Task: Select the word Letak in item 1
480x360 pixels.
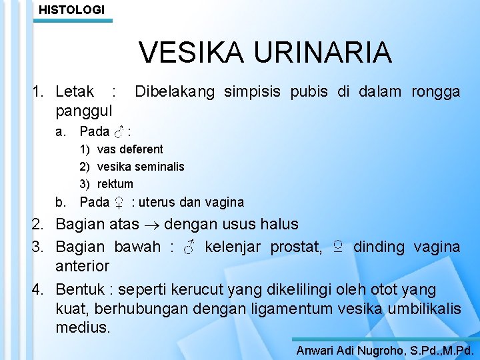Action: tap(75, 91)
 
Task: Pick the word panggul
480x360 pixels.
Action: tap(84, 109)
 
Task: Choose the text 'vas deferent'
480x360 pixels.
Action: tap(130, 149)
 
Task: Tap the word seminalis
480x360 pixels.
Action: tap(161, 166)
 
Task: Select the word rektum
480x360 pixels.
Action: tap(115, 183)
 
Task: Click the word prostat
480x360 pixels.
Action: tap(295, 247)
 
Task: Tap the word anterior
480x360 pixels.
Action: tap(82, 265)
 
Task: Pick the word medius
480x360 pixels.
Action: tap(83, 328)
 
